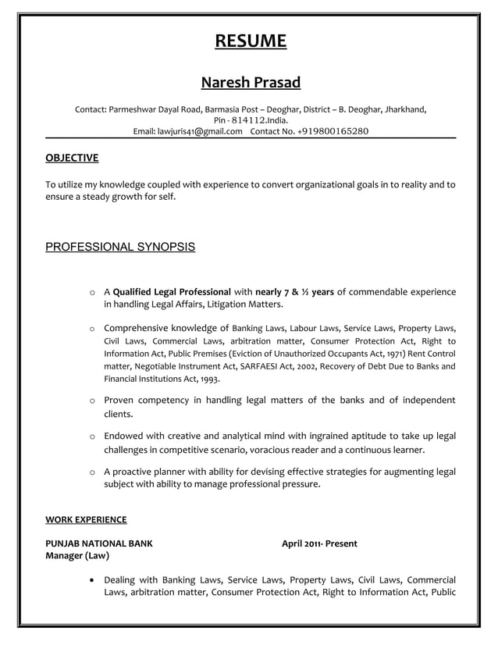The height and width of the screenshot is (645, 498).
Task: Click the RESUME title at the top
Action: [x=251, y=41]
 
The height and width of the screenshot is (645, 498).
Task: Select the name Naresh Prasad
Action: [x=251, y=82]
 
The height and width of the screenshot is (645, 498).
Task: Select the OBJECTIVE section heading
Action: [x=72, y=159]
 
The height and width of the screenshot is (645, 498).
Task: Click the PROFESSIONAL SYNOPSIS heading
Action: [x=120, y=248]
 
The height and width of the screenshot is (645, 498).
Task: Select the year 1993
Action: [x=208, y=379]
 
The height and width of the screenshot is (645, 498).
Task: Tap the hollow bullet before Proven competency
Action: [x=93, y=401]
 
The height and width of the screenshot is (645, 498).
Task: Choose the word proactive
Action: [x=137, y=472]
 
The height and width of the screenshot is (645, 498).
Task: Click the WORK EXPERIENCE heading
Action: [x=86, y=519]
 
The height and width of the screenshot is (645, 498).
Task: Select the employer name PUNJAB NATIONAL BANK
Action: [x=99, y=543]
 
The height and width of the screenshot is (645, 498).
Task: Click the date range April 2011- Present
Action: [x=319, y=543]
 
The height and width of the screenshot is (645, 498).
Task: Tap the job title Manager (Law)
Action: [x=77, y=556]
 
